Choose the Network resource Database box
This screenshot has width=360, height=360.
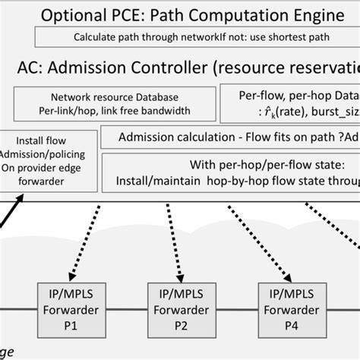(115, 104)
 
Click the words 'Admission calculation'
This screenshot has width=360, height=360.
(168, 137)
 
